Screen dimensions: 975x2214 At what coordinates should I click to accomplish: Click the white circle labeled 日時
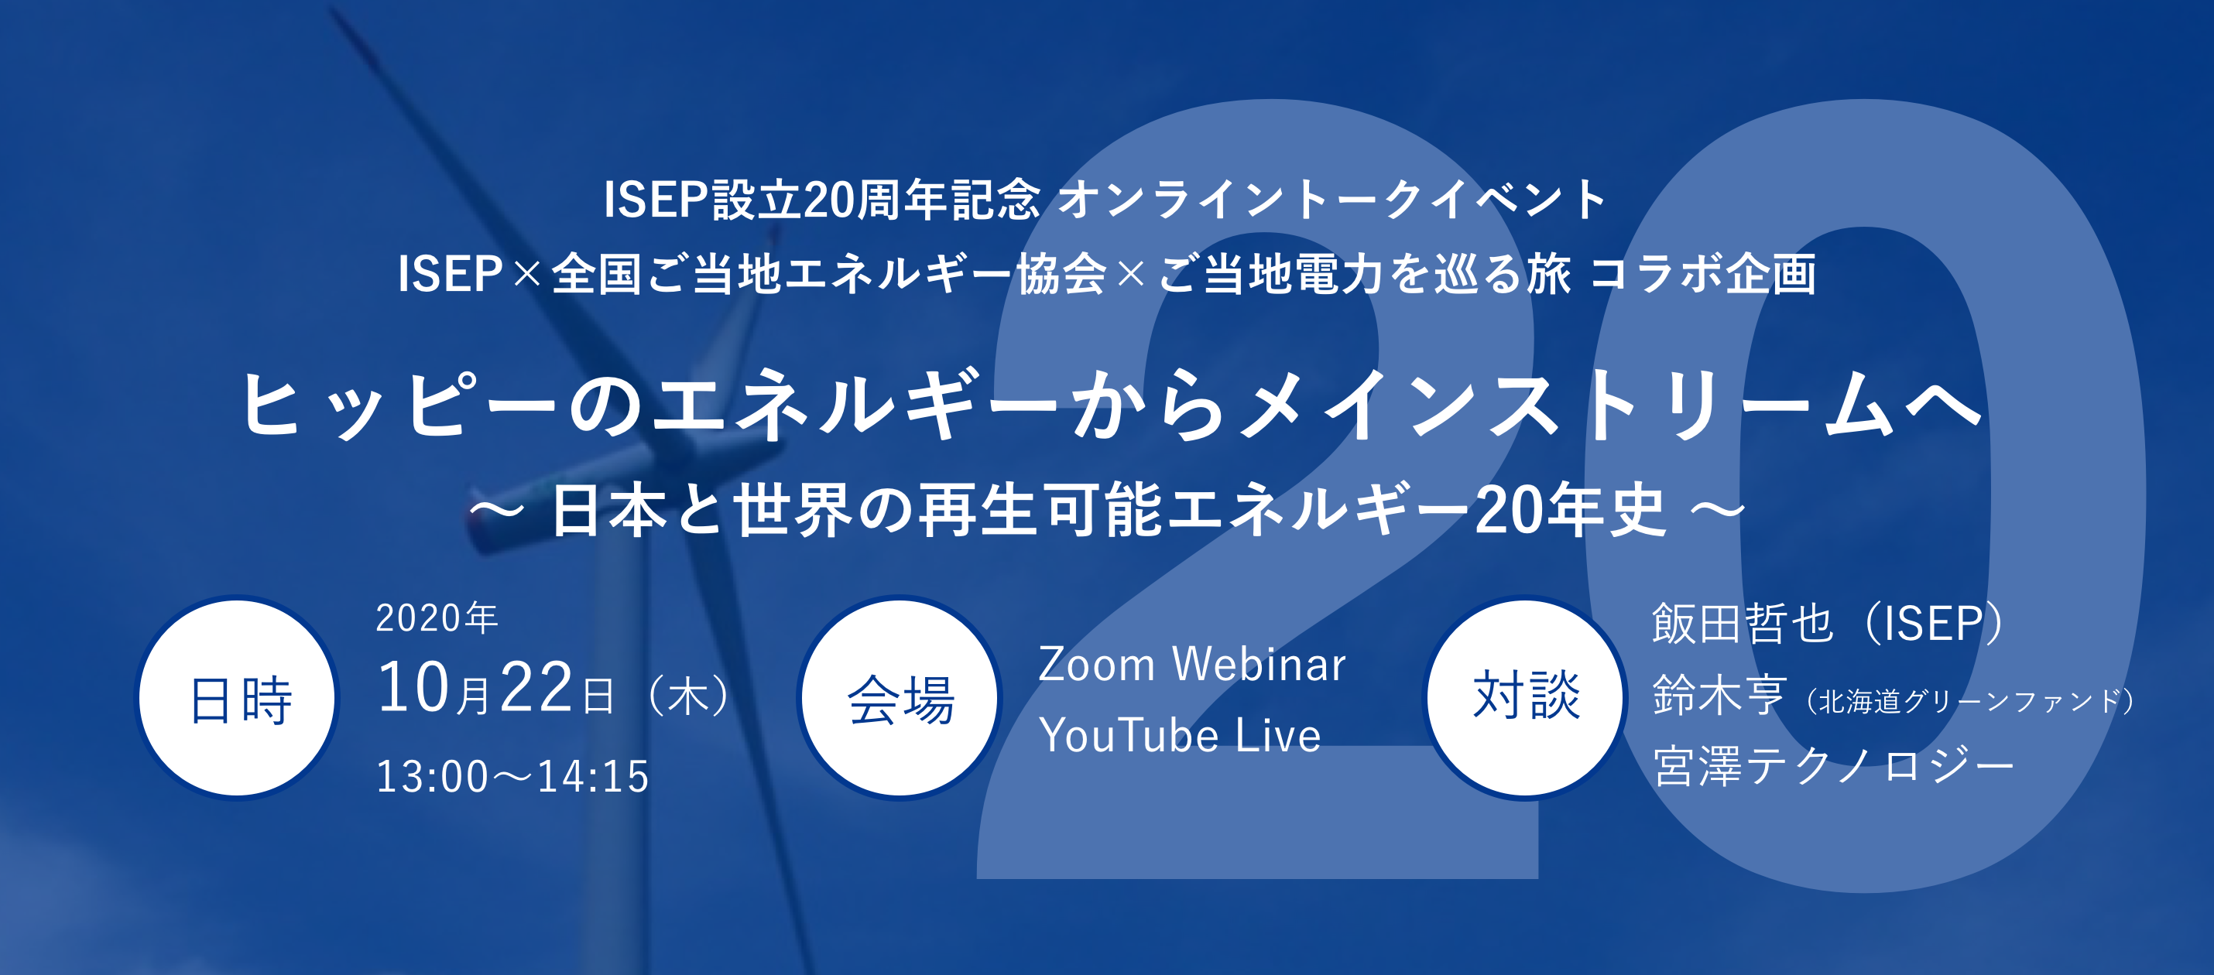[238, 697]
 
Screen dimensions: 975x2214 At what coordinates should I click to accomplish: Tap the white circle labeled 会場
[899, 697]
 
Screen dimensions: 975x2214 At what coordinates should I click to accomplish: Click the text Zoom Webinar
[1191, 665]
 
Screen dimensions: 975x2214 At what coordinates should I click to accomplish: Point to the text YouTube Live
[1179, 736]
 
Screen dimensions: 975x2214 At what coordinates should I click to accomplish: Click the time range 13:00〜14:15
[512, 777]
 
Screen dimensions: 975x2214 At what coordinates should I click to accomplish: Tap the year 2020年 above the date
[437, 618]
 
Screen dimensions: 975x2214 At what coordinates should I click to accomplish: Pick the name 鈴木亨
[1719, 695]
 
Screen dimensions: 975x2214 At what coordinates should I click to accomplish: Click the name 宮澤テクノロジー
[1833, 766]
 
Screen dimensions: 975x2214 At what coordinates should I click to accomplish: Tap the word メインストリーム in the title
[1565, 404]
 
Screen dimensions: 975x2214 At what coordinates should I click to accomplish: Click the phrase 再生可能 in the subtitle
[1040, 510]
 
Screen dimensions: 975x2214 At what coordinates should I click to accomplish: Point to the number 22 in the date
[536, 689]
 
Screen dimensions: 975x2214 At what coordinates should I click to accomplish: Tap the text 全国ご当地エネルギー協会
[828, 274]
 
